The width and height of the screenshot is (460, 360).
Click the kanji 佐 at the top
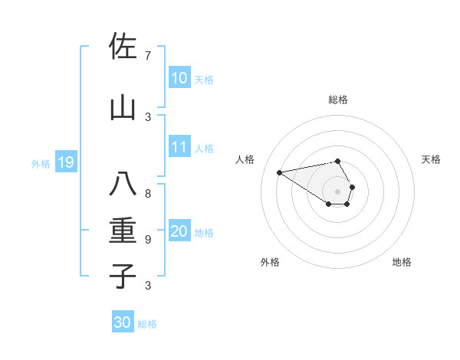click(123, 47)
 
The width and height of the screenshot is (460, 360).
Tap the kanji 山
click(123, 109)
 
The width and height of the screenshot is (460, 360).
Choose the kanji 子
click(123, 276)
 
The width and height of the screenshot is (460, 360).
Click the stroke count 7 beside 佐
click(148, 56)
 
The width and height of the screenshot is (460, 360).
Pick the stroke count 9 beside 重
click(148, 240)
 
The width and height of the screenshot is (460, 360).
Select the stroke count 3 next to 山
click(148, 116)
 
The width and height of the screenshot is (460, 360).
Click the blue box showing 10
click(179, 77)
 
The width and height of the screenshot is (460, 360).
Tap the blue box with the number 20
click(179, 231)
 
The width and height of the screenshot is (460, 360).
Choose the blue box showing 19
click(65, 162)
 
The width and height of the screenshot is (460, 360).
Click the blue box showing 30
click(123, 322)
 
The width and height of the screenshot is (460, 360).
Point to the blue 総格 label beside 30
click(147, 324)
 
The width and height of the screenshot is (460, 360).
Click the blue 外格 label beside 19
click(41, 163)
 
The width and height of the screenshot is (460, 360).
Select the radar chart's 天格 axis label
click(431, 159)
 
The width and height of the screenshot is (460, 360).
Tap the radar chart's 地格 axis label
click(402, 262)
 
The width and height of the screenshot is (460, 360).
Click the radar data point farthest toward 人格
click(279, 172)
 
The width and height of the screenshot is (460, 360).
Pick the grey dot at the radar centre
click(337, 191)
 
